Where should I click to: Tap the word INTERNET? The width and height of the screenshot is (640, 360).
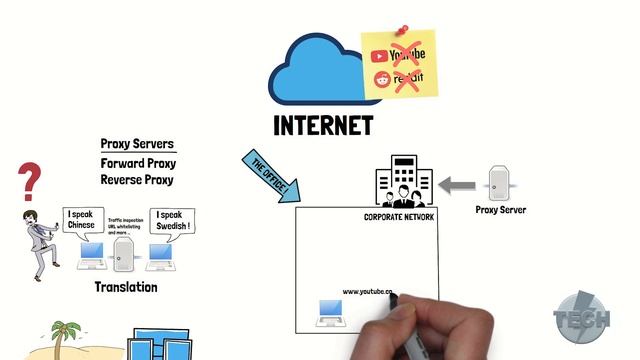[323, 126]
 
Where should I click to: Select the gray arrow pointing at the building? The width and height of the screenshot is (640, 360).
[460, 184]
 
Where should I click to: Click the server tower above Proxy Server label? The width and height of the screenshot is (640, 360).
[500, 184]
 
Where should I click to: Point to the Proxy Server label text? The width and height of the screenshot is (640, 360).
[499, 210]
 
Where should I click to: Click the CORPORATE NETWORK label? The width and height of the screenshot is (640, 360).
[399, 217]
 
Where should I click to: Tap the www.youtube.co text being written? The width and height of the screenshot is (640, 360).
[368, 292]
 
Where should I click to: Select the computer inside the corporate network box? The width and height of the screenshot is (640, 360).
[330, 313]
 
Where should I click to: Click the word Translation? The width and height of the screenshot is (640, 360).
[126, 287]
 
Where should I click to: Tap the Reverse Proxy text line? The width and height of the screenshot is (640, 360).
[137, 180]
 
